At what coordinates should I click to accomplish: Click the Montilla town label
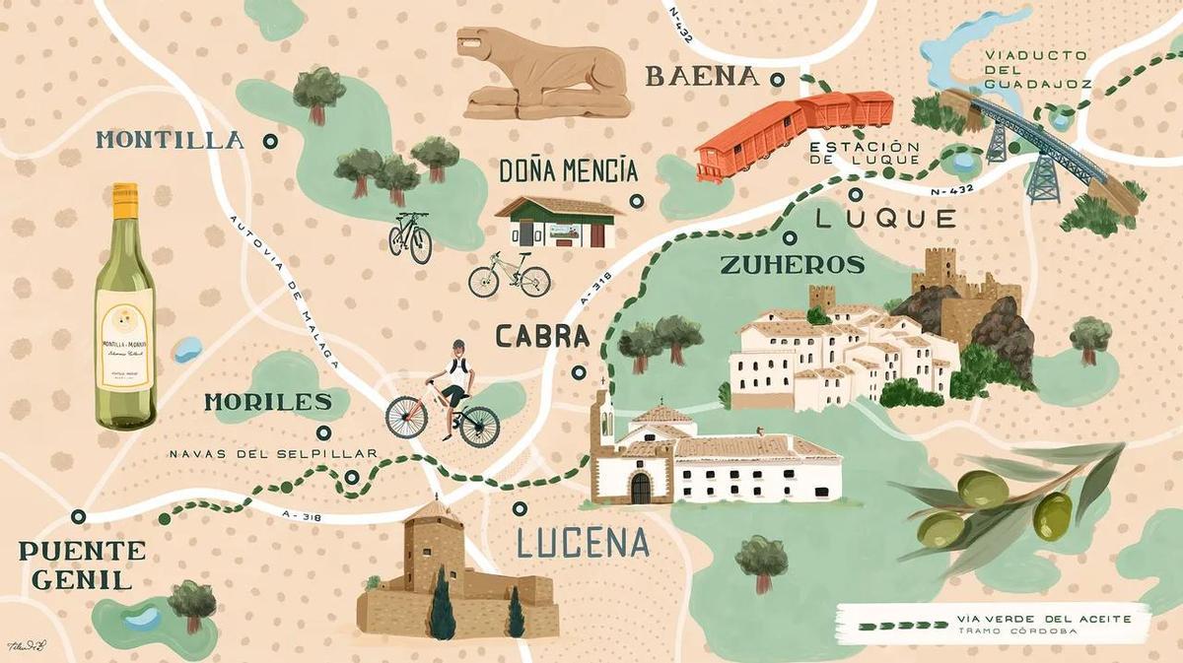click(x=169, y=140)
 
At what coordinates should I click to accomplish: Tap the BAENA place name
click(x=702, y=77)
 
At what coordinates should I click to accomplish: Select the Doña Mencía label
click(x=568, y=171)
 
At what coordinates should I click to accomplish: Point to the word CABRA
click(x=542, y=337)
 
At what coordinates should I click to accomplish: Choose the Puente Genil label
click(x=81, y=564)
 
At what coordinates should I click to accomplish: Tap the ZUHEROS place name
click(x=793, y=265)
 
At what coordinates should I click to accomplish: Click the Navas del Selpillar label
click(x=273, y=454)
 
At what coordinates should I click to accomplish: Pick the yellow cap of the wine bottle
click(x=124, y=199)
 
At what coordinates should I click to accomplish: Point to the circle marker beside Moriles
click(x=323, y=431)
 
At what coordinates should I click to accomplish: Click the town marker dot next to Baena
click(x=777, y=79)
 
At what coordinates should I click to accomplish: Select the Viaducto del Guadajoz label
click(x=1036, y=70)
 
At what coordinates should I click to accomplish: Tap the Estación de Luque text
click(x=865, y=153)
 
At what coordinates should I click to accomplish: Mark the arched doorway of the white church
click(x=641, y=488)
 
